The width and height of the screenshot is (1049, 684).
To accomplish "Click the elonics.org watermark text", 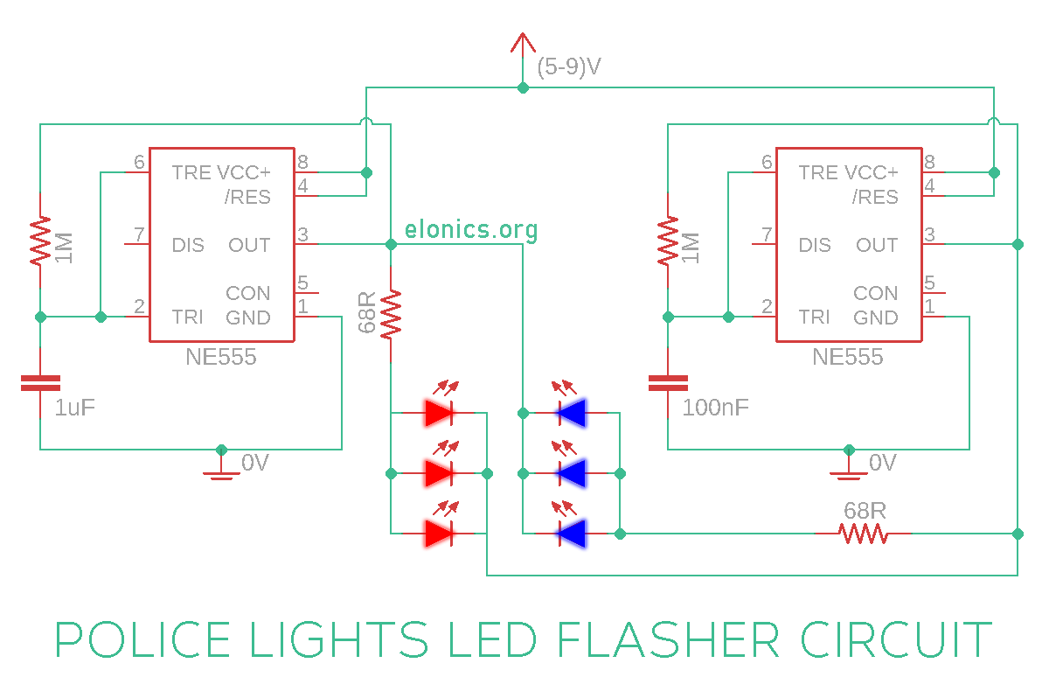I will pos(471,230).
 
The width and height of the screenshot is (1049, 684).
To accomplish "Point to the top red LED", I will pos(440,412).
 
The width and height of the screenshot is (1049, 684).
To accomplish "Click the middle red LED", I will pos(440,473).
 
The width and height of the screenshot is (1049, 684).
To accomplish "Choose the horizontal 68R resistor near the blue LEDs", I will pos(863,533).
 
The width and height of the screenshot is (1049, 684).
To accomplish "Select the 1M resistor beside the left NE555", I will pos(40,242).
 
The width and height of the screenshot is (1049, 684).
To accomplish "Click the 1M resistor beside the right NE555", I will pos(668,242).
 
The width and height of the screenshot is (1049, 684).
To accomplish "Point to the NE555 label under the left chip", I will pos(221,357).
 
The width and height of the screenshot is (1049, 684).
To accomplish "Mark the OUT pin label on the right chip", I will pos(877,245).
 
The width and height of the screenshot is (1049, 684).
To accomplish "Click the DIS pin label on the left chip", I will pos(188,245).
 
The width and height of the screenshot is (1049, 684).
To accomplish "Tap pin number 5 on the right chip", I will pos(929,283).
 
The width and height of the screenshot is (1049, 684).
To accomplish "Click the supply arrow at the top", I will pos(523,42).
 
